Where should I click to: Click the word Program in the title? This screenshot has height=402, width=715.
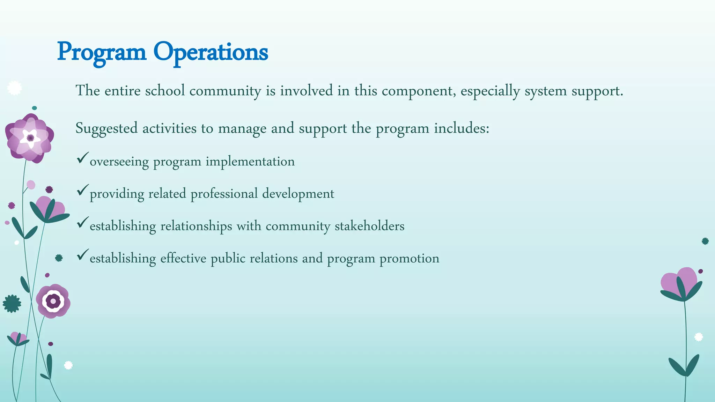click(x=102, y=52)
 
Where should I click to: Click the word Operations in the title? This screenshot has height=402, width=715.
click(x=211, y=52)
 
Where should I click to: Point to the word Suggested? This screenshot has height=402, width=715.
click(x=106, y=128)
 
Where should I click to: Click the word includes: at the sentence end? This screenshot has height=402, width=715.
click(x=462, y=128)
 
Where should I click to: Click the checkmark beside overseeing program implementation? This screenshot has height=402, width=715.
click(x=82, y=158)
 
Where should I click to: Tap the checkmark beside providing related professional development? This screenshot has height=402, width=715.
click(x=82, y=190)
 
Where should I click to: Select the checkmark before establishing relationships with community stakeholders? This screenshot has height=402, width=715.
click(x=82, y=222)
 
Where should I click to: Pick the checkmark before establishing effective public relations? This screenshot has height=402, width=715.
click(x=82, y=255)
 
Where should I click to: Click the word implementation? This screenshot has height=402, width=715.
click(x=250, y=161)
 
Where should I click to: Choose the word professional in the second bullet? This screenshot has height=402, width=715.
click(x=224, y=194)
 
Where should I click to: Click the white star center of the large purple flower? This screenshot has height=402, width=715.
click(x=30, y=138)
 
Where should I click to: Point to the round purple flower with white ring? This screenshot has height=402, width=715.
click(x=53, y=301)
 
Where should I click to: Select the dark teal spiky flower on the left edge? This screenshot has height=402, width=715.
click(x=12, y=304)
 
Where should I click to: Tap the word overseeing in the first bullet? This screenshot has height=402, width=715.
click(x=119, y=162)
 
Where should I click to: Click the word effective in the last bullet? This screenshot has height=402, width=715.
click(x=183, y=258)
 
